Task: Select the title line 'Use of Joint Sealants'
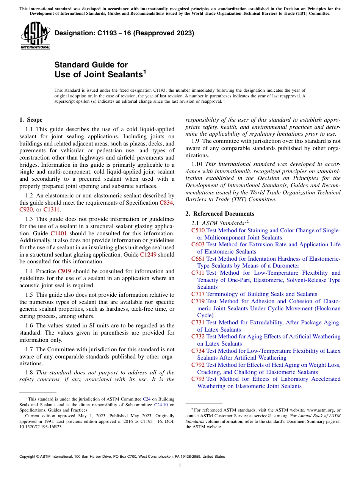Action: (x=99, y=74)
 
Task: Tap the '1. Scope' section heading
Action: (x=31, y=120)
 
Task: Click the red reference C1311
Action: (x=52, y=210)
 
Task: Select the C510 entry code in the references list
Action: (x=198, y=230)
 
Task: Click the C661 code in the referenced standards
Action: (x=198, y=259)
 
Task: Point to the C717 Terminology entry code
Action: (x=198, y=294)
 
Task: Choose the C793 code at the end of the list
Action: (x=198, y=379)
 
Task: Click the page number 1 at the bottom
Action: (x=180, y=466)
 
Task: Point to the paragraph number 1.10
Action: (x=197, y=164)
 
